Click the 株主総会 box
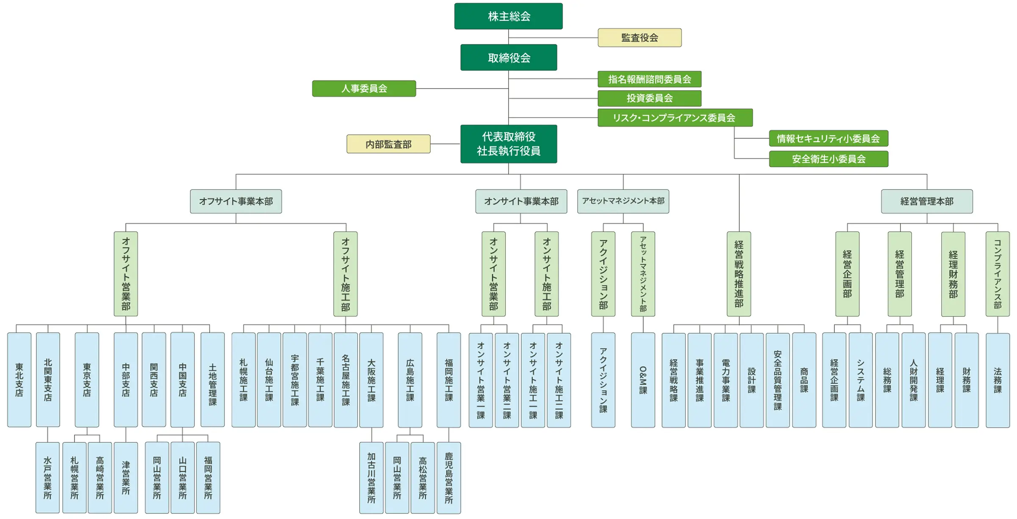pyautogui.click(x=508, y=16)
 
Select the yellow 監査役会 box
pyautogui.click(x=639, y=38)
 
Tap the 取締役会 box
pyautogui.click(x=508, y=58)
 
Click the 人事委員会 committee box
pyautogui.click(x=364, y=88)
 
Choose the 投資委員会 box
pyautogui.click(x=649, y=98)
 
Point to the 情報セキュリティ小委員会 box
pyautogui.click(x=828, y=138)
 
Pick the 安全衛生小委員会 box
pyautogui.click(x=828, y=159)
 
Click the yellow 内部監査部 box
pyautogui.click(x=388, y=144)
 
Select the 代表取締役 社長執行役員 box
pyautogui.click(x=508, y=144)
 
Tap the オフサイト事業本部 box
pyautogui.click(x=236, y=201)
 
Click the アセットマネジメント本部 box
pyautogui.click(x=623, y=201)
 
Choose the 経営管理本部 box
pyautogui.click(x=926, y=201)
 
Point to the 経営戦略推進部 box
pyautogui.click(x=739, y=274)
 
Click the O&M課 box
pyautogui.click(x=643, y=380)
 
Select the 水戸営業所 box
pyautogui.click(x=47, y=477)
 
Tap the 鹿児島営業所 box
pyautogui.click(x=449, y=478)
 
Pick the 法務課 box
pyautogui.click(x=998, y=380)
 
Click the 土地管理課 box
pyautogui.click(x=212, y=379)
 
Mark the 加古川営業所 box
pyautogui.click(x=371, y=478)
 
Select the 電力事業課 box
pyautogui.click(x=726, y=380)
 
